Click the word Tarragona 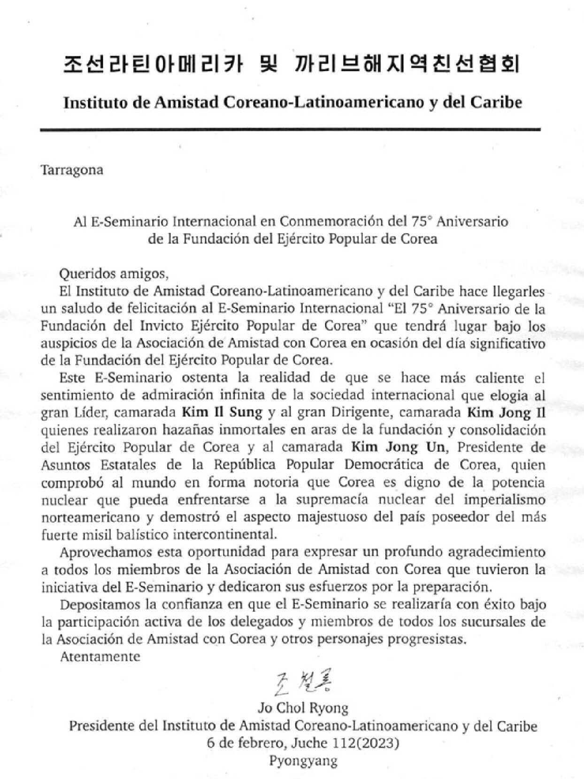pyautogui.click(x=72, y=169)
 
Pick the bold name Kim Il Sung pyautogui.click(x=222, y=412)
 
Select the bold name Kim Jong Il pyautogui.click(x=505, y=412)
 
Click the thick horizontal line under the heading pyautogui.click(x=291, y=129)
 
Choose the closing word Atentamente pyautogui.click(x=100, y=656)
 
